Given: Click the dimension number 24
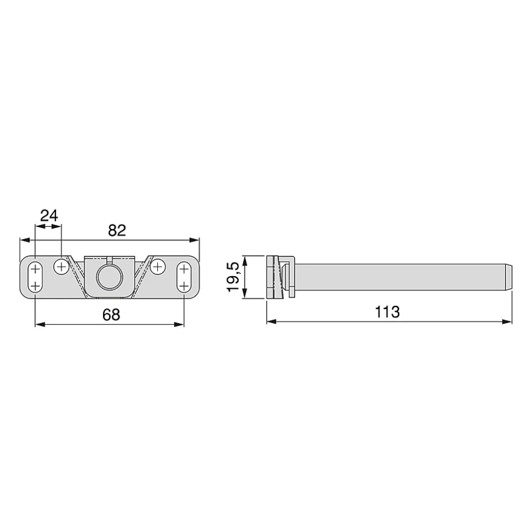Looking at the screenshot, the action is click(49, 215).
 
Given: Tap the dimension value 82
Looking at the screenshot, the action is click(117, 231).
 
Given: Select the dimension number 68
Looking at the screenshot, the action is click(111, 315).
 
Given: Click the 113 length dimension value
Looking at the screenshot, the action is click(387, 312).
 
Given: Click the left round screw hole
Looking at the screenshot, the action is click(61, 267).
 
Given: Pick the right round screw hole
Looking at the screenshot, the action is click(157, 267).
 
